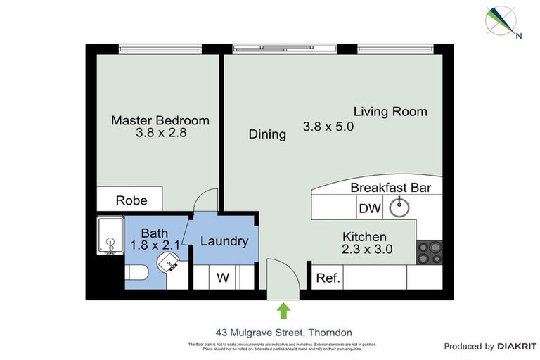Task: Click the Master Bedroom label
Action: click(160, 120)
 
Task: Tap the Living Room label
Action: click(390, 111)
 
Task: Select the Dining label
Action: click(267, 134)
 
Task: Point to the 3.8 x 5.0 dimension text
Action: click(328, 127)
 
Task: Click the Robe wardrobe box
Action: click(131, 200)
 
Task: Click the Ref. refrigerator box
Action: click(328, 278)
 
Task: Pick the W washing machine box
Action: click(222, 278)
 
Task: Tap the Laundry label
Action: click(224, 241)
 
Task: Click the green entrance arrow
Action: click(283, 310)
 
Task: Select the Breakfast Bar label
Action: click(390, 188)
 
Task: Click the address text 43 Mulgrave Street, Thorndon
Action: click(283, 332)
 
